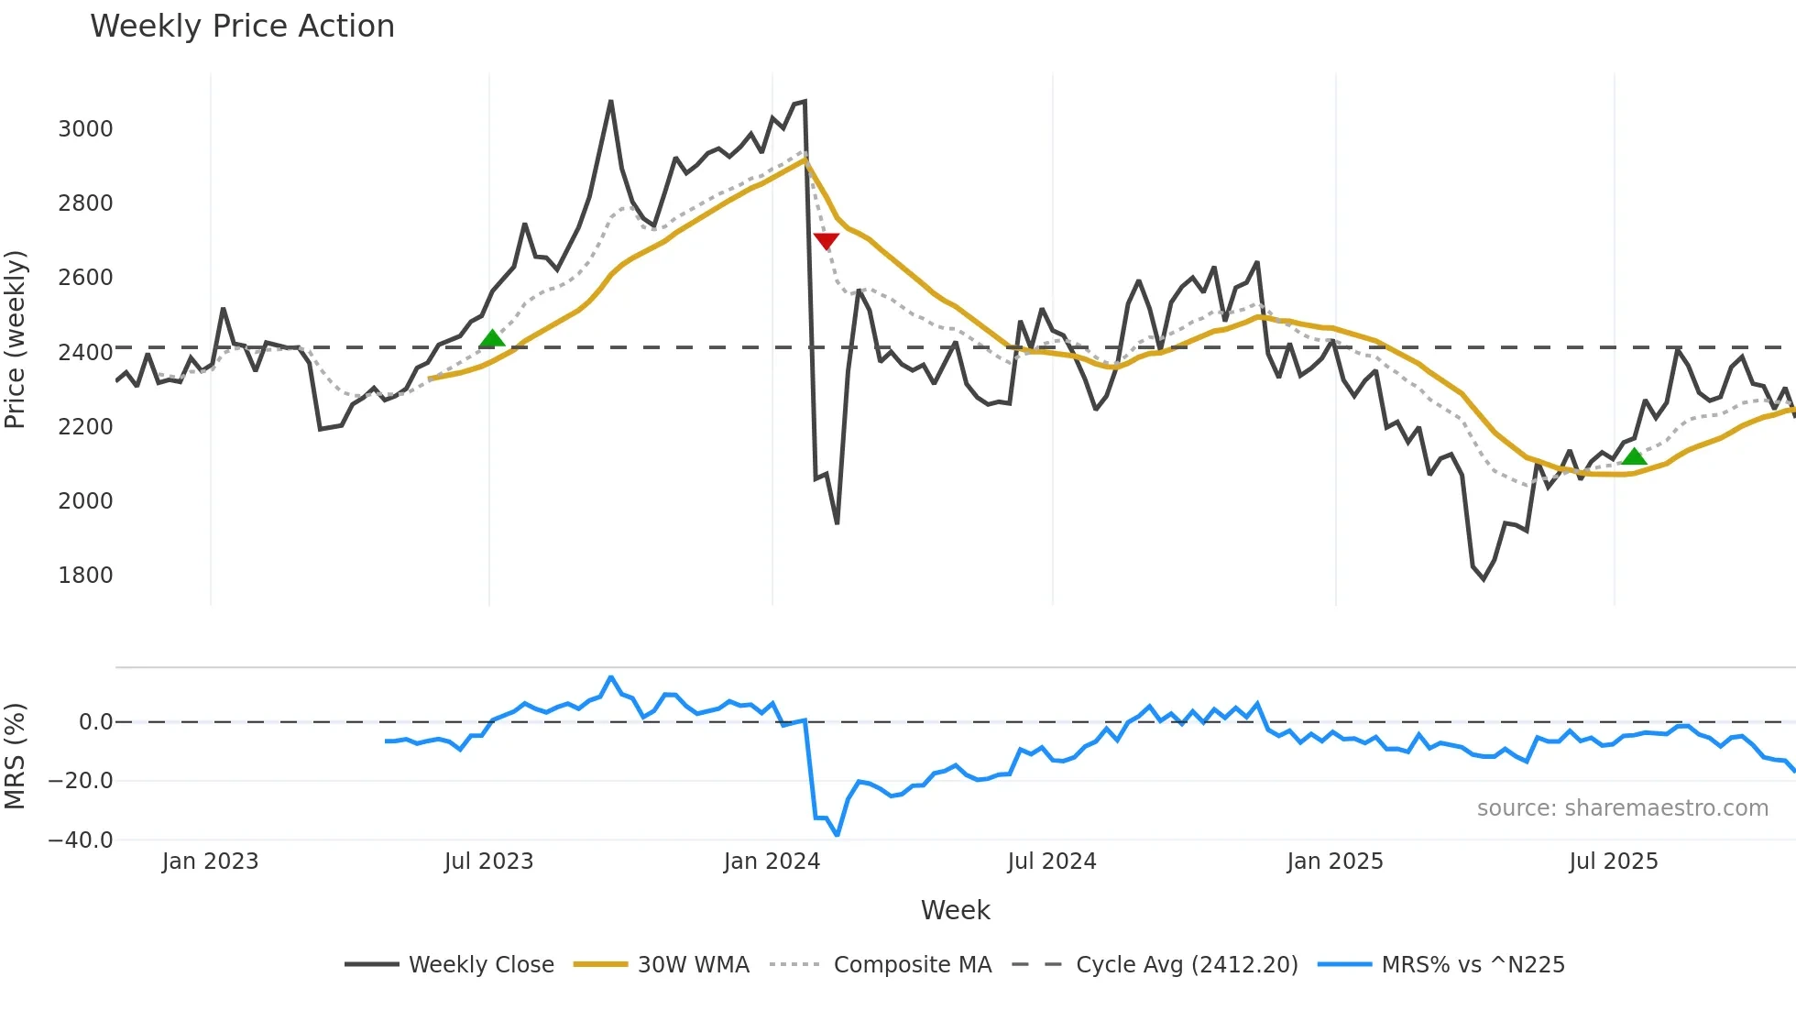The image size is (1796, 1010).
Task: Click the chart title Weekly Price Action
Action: [x=242, y=26]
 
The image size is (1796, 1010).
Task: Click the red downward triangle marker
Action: [x=826, y=241]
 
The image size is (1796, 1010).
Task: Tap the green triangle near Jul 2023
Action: [x=492, y=339]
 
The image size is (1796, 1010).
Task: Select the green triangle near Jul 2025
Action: [x=1634, y=456]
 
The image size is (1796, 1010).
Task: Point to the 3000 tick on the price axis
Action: [x=85, y=128]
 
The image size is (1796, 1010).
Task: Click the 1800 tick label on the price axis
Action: [x=85, y=575]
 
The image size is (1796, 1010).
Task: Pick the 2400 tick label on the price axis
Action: [x=85, y=352]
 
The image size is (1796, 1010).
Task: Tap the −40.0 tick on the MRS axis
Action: [x=80, y=840]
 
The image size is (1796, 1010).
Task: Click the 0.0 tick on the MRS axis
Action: [x=95, y=722]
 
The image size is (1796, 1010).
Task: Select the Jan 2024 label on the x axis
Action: [x=772, y=862]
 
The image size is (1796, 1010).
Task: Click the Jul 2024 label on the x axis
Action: [x=1051, y=862]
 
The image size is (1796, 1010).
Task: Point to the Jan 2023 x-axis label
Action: [x=210, y=862]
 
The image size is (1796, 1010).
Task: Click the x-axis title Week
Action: [x=955, y=910]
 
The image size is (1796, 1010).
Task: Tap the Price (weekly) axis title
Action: [x=15, y=339]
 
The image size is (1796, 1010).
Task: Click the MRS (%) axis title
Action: [x=15, y=756]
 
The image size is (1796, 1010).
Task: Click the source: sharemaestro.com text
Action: [x=1622, y=807]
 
